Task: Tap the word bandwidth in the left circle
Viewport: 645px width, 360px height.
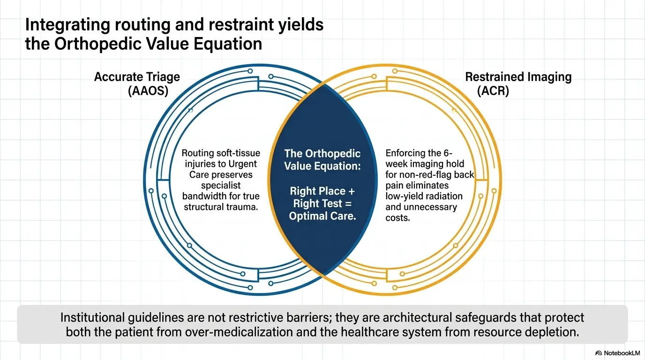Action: pos(204,196)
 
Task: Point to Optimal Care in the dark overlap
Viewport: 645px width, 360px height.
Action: pos(322,217)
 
